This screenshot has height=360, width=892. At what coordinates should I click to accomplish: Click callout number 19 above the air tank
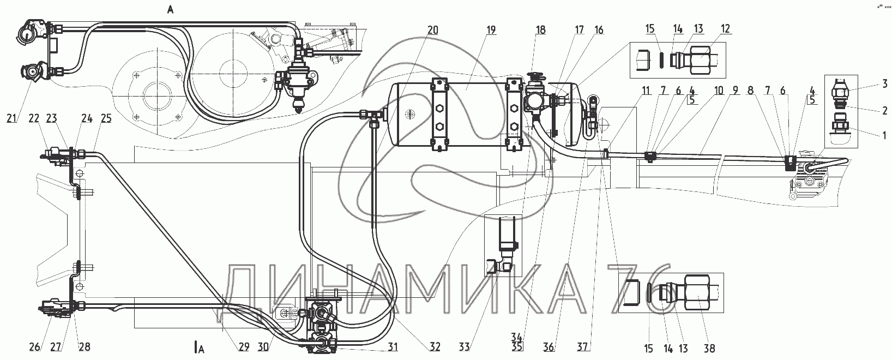[x=491, y=30]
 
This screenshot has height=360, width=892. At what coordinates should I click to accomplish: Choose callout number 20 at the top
[x=432, y=30]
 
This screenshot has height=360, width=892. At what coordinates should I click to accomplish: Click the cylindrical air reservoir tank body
[x=474, y=115]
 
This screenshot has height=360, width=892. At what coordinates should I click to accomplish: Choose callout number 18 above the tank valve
[x=540, y=30]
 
